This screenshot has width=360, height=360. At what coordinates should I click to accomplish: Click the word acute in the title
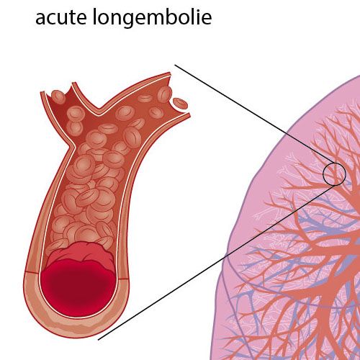[61, 17]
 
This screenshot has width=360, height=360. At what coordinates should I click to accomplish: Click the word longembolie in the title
[152, 17]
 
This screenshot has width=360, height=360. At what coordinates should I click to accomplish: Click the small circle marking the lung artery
[334, 174]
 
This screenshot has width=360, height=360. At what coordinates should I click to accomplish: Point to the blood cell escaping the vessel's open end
[180, 104]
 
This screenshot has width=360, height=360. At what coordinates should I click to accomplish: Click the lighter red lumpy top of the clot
[81, 254]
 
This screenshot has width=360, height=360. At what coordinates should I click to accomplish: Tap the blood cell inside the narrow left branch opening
[58, 96]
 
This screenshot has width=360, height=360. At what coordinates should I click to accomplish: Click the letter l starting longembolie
[94, 17]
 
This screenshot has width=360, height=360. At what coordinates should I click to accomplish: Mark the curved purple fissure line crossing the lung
[276, 286]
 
